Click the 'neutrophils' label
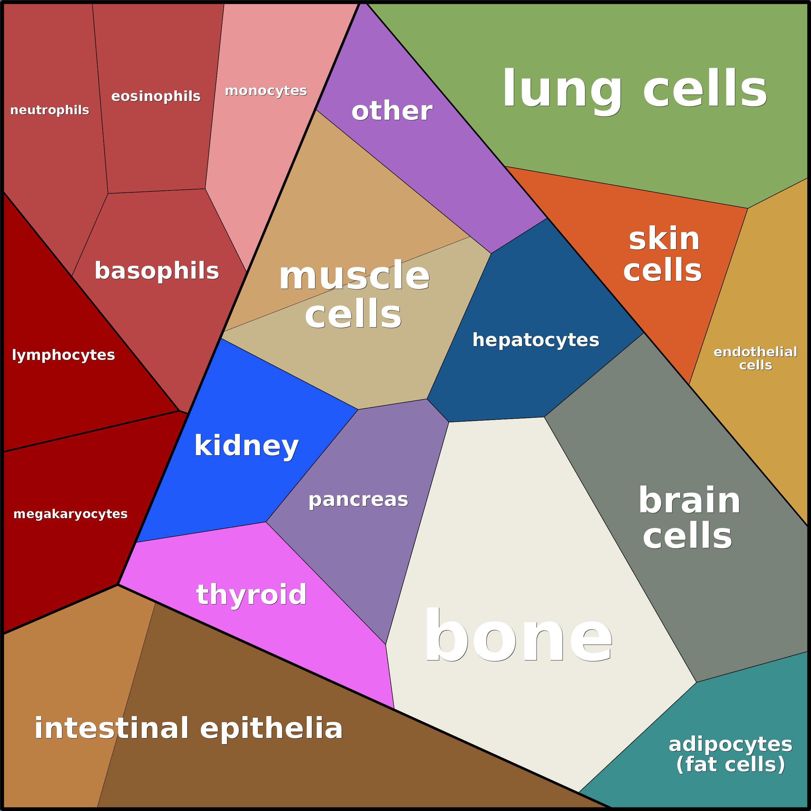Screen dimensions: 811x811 [49, 110]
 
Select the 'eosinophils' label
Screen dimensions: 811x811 [156, 97]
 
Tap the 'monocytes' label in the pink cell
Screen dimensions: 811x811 [266, 91]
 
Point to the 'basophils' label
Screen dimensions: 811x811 [157, 271]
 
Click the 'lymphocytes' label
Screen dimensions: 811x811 [63, 355]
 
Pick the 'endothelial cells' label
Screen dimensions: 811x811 [755, 358]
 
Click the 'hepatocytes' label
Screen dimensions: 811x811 [536, 340]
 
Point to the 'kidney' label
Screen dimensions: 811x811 [246, 446]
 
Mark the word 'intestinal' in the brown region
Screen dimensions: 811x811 [112, 728]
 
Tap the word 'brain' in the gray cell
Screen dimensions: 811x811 [689, 500]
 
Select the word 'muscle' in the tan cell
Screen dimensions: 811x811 [354, 276]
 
